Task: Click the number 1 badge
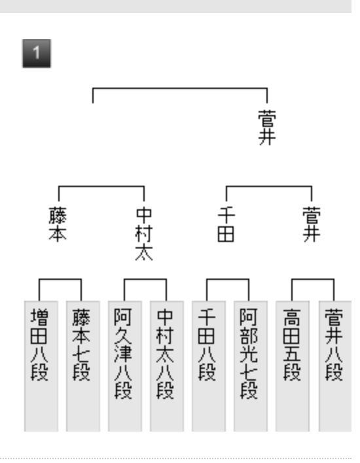(x=37, y=54)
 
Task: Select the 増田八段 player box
(x=41, y=366)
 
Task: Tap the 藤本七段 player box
(x=83, y=366)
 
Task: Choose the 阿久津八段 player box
(x=125, y=366)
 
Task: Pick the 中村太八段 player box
(x=167, y=366)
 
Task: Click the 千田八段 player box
(x=209, y=366)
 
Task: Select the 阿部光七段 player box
(x=251, y=366)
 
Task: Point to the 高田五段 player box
(x=293, y=366)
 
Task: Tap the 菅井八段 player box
(x=335, y=366)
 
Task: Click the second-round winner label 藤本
(x=58, y=224)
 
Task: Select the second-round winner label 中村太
(x=144, y=234)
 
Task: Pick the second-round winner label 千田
(x=226, y=224)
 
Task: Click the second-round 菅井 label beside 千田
(x=312, y=224)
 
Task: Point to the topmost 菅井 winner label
(x=267, y=128)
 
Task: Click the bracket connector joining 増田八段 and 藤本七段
(x=60, y=279)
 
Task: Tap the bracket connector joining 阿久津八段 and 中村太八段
(x=145, y=279)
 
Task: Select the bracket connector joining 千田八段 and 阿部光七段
(x=228, y=279)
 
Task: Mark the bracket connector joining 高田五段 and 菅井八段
(x=313, y=279)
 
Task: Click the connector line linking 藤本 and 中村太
(x=101, y=186)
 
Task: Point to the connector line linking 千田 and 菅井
(x=269, y=186)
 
